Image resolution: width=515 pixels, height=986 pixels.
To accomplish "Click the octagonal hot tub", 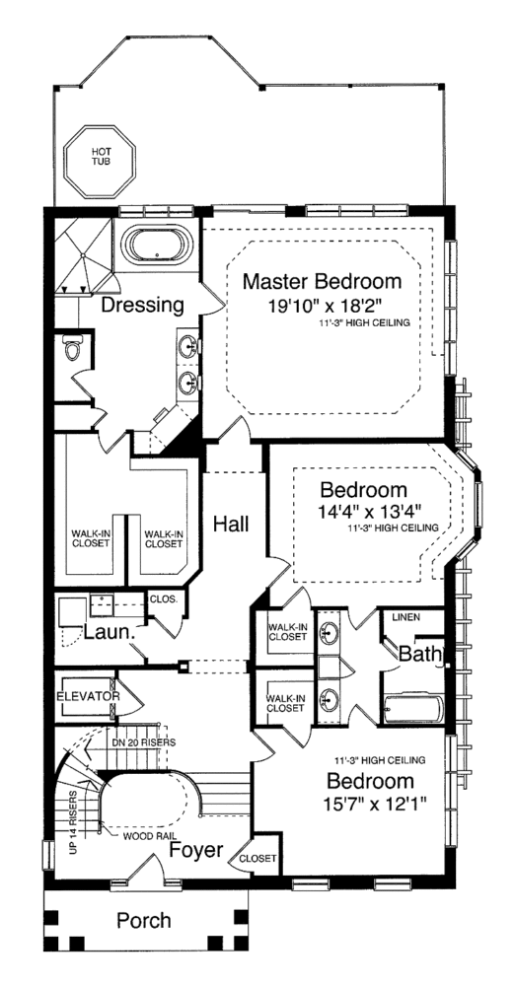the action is [x=100, y=161].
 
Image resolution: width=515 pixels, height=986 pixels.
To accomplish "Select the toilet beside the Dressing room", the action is [x=73, y=348].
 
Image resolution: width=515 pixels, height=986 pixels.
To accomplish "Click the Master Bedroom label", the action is [x=322, y=281].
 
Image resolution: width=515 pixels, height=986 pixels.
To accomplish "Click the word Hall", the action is [x=231, y=524].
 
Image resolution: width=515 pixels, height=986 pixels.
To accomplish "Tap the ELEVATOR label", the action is [x=88, y=697].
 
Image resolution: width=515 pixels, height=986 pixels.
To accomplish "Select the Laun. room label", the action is [x=110, y=633].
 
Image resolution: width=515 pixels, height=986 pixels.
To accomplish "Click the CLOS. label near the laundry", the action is [x=164, y=599].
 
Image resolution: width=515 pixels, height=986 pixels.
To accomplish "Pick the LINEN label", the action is [x=405, y=617].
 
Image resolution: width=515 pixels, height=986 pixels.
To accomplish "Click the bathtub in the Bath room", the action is [x=413, y=709].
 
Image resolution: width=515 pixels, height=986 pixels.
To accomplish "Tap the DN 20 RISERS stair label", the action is [x=143, y=742].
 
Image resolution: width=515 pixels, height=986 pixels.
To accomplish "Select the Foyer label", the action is [x=196, y=850].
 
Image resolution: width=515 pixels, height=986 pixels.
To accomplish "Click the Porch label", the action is [x=143, y=921].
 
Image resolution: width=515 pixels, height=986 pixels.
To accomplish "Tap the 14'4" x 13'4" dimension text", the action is [x=370, y=510].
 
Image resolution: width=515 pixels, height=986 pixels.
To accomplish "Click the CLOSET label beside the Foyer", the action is [x=257, y=859].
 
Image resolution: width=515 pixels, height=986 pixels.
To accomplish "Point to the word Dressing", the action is [x=143, y=305].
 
